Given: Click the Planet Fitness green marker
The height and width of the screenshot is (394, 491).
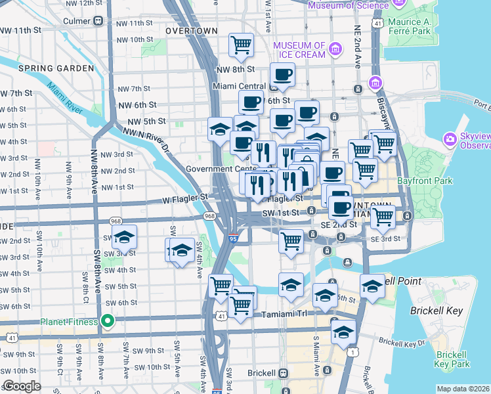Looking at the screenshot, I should [109, 322].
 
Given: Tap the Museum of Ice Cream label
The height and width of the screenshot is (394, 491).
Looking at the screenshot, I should [299, 50].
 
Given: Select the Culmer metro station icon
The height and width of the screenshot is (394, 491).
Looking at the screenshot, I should [98, 20].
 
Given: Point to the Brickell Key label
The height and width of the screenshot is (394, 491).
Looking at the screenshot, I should [436, 311].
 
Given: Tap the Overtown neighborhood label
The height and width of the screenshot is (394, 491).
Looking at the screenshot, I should [192, 31].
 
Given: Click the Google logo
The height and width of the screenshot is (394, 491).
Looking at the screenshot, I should [22, 387].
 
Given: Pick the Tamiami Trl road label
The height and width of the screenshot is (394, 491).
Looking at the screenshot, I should [284, 315].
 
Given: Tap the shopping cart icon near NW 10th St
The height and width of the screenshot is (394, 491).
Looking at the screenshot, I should [242, 45].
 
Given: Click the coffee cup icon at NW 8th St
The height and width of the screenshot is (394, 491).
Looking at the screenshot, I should [283, 74].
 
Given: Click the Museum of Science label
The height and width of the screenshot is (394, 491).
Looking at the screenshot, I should [345, 6].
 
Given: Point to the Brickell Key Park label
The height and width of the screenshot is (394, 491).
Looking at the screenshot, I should [452, 359].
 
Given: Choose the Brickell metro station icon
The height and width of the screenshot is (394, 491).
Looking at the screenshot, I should [284, 373].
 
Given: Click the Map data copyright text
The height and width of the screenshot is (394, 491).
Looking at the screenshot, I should [463, 389].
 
